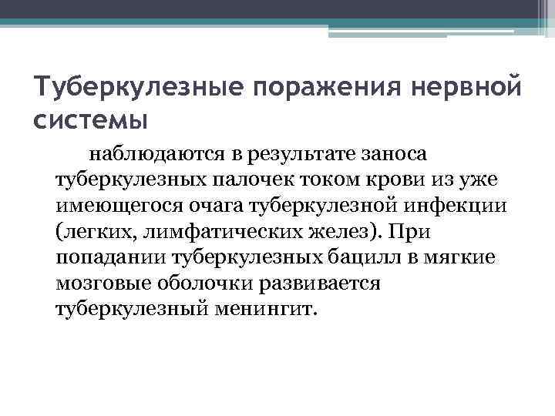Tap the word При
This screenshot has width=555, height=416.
(x=414, y=232)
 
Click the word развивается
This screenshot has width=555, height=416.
(x=328, y=283)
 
